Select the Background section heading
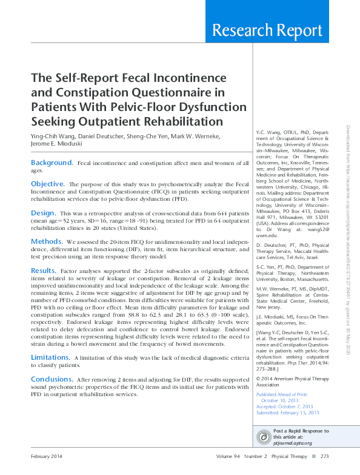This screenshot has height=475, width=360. point(52,163)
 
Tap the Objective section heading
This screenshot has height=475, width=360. point(47,184)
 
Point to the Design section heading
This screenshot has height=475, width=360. point(43,214)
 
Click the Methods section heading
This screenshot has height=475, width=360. point(47,241)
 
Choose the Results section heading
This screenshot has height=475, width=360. point(44,271)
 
